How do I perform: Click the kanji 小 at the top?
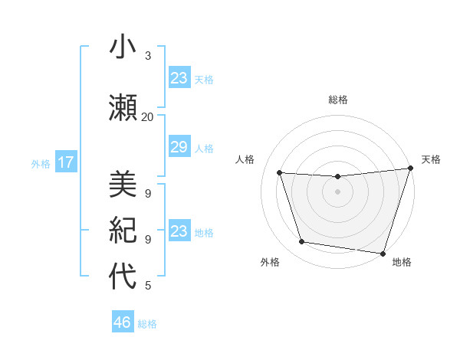[x=123, y=47]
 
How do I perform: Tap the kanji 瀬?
[x=123, y=107]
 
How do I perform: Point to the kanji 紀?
[x=123, y=229]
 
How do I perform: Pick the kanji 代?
[x=123, y=276]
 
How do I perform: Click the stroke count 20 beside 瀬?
[x=147, y=117]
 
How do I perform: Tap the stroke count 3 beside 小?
[x=147, y=56]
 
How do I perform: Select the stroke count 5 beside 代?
[x=147, y=286]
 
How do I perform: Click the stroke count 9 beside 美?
[x=147, y=193]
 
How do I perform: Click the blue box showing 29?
[x=179, y=147]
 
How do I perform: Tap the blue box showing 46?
[x=123, y=322]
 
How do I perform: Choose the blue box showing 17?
[x=65, y=162]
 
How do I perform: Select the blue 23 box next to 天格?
[x=179, y=78]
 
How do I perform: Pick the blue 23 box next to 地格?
[x=179, y=231]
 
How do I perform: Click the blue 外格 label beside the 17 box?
[x=41, y=163]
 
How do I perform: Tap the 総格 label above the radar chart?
[x=337, y=100]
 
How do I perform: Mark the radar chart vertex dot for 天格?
[x=410, y=169]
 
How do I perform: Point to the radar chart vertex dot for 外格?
[x=302, y=242]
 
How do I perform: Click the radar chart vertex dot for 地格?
[x=383, y=253]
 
